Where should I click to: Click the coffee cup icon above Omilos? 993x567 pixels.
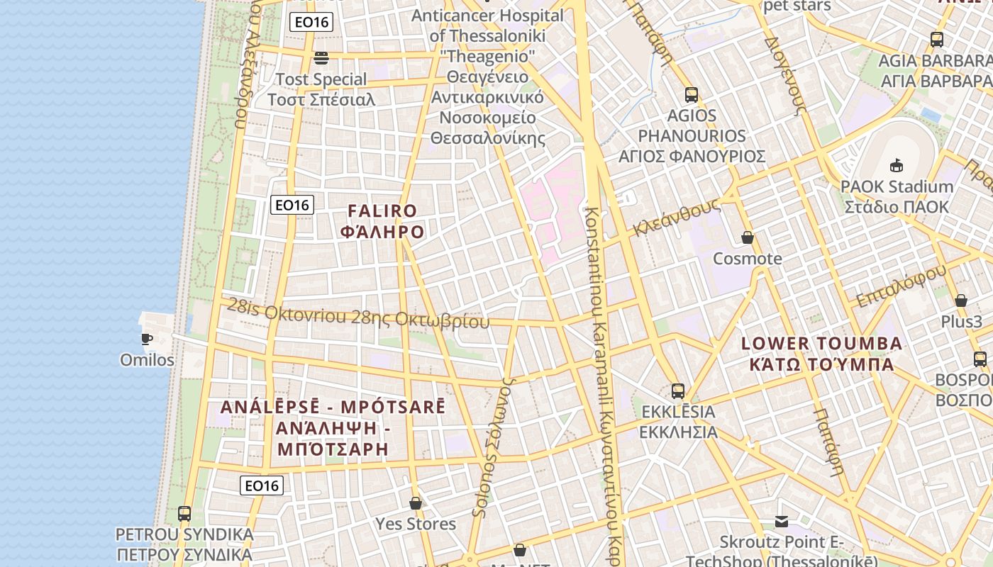point(147,339)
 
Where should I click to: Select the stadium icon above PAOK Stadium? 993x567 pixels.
point(897,166)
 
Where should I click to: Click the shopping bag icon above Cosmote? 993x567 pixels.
point(747,237)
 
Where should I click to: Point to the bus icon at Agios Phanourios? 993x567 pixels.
point(692,94)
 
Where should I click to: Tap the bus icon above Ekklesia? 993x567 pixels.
point(678,391)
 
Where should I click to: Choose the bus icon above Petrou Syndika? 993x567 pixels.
point(184,513)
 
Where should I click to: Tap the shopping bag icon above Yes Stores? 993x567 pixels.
point(416,503)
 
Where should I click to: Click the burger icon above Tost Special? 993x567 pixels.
point(321,57)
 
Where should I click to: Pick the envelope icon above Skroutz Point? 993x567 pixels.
point(782,522)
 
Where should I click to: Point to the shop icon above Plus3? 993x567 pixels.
point(961,301)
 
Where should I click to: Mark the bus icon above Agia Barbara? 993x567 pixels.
point(937,40)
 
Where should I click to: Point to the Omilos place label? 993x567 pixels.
point(147,360)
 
